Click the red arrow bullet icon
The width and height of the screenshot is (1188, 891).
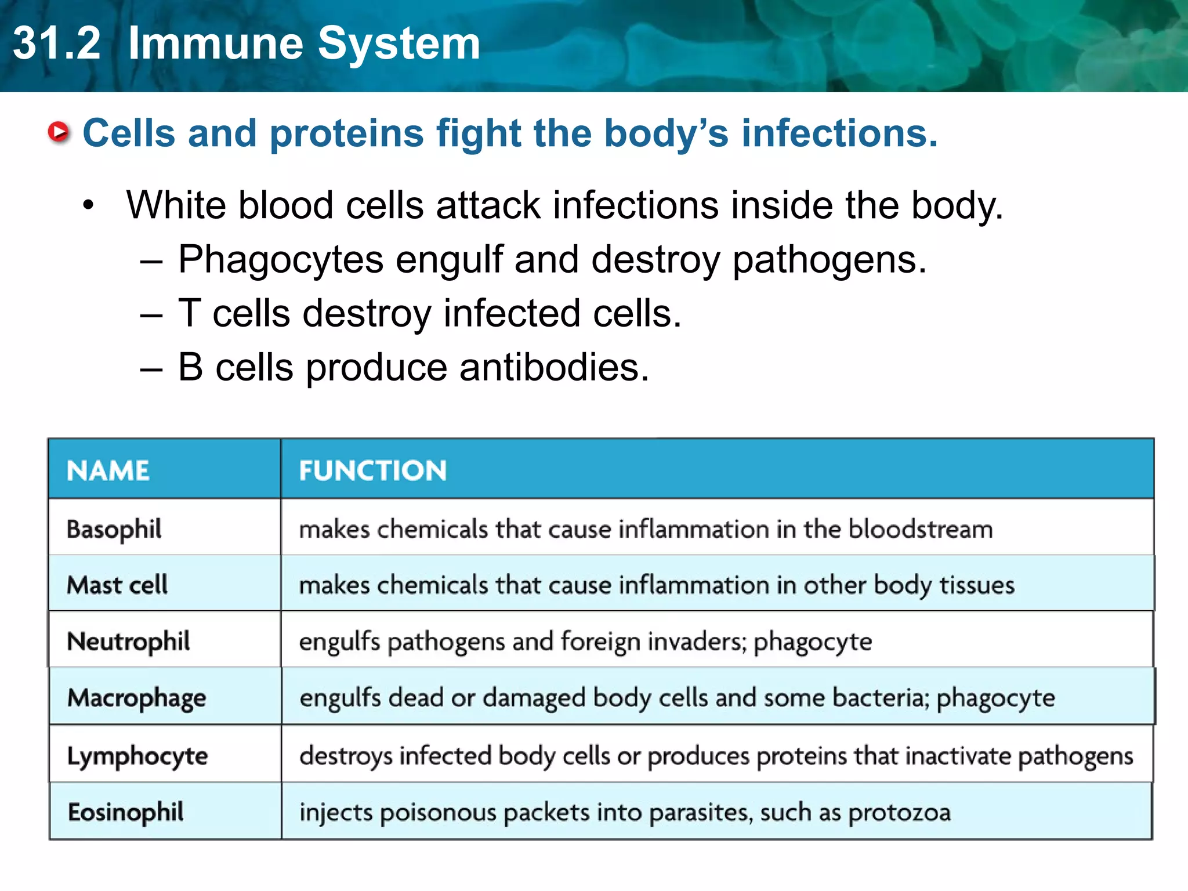click(59, 132)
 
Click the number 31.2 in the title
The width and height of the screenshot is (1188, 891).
click(57, 44)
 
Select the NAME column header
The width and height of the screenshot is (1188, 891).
click(108, 470)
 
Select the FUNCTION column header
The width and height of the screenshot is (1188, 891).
click(373, 470)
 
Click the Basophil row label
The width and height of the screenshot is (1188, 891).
click(114, 529)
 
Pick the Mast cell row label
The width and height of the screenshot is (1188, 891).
click(117, 585)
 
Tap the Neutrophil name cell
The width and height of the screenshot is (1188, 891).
click(128, 642)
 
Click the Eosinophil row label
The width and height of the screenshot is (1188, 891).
click(125, 812)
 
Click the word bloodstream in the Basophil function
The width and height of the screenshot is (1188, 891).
click(921, 529)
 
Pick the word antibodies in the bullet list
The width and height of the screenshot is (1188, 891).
click(554, 368)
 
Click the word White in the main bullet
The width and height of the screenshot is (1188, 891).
click(176, 205)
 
